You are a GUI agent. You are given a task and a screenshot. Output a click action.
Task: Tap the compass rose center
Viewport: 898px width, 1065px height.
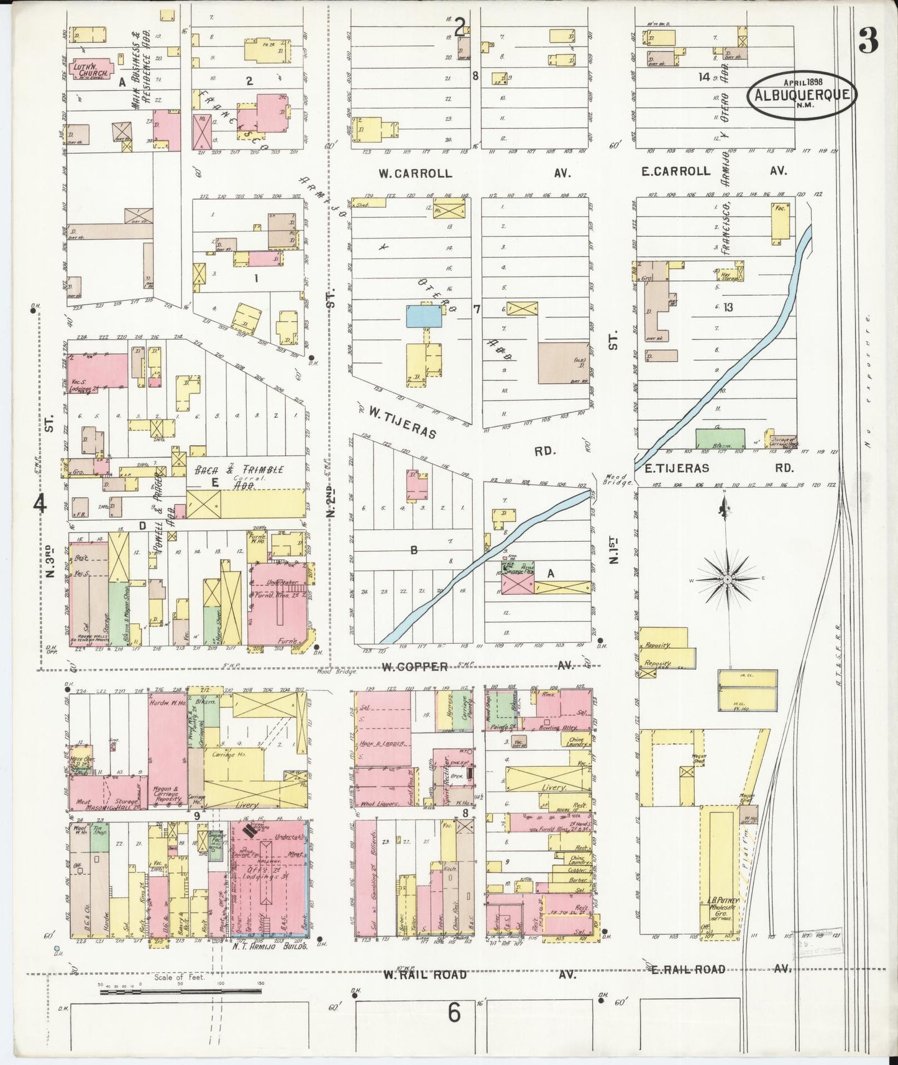coord(726,580)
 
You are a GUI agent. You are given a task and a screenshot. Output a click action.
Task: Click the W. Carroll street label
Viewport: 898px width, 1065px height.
coord(415,173)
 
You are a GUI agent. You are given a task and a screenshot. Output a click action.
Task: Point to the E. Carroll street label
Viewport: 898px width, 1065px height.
coord(676,171)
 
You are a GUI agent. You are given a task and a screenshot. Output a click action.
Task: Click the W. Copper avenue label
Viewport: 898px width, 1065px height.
coord(415,667)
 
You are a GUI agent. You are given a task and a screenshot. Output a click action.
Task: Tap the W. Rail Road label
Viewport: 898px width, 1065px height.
coord(424,974)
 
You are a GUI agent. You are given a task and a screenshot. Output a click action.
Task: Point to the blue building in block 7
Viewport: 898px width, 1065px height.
coord(424,316)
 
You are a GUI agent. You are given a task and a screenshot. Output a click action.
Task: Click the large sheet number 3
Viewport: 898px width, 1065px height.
coord(868,42)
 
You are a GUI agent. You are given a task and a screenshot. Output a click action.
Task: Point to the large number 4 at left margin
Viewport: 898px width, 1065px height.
coord(40,504)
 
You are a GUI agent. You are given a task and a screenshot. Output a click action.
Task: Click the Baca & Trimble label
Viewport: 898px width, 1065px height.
coord(239,470)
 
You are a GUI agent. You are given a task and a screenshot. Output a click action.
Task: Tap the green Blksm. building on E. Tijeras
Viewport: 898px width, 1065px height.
coord(720,439)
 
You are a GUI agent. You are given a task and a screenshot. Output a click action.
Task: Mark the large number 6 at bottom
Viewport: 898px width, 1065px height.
coord(454,1013)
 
